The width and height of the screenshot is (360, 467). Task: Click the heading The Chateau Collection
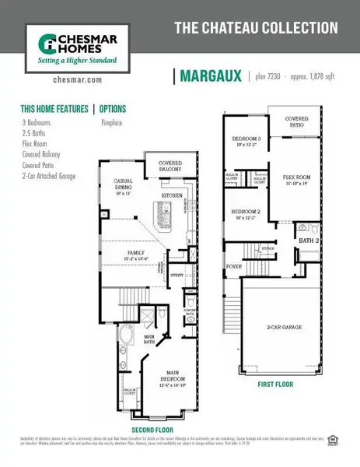pyautogui.click(x=256, y=28)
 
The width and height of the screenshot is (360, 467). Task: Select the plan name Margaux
pyautogui.click(x=208, y=75)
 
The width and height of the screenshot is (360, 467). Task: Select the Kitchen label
pyautogui.click(x=171, y=195)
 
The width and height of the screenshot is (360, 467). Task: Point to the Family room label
pyautogui.click(x=137, y=255)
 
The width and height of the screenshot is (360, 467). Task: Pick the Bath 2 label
pyautogui.click(x=309, y=242)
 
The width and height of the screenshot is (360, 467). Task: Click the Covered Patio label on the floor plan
pyautogui.click(x=296, y=121)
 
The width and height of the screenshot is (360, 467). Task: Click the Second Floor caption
pyautogui.click(x=153, y=430)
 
